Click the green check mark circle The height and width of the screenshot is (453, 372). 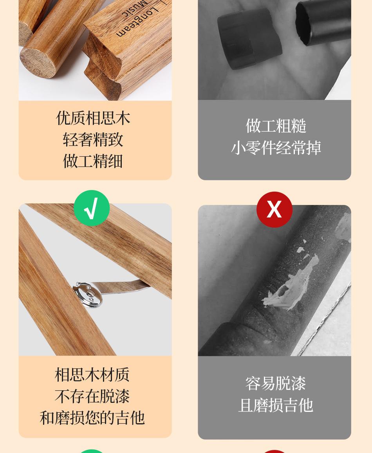pos(92,208)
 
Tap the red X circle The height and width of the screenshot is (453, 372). pos(274,209)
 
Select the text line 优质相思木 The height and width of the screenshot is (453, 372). pos(93,118)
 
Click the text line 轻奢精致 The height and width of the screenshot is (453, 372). pos(93,140)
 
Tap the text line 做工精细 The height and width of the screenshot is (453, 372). pos(93,161)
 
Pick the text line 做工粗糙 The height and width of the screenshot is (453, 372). pos(276,126)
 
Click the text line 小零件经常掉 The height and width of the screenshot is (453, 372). pos(276,148)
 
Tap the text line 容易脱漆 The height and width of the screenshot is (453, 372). pos(275,383)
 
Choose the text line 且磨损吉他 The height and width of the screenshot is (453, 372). pos(275,405)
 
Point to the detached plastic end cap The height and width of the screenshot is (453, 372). pos(249,37)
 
